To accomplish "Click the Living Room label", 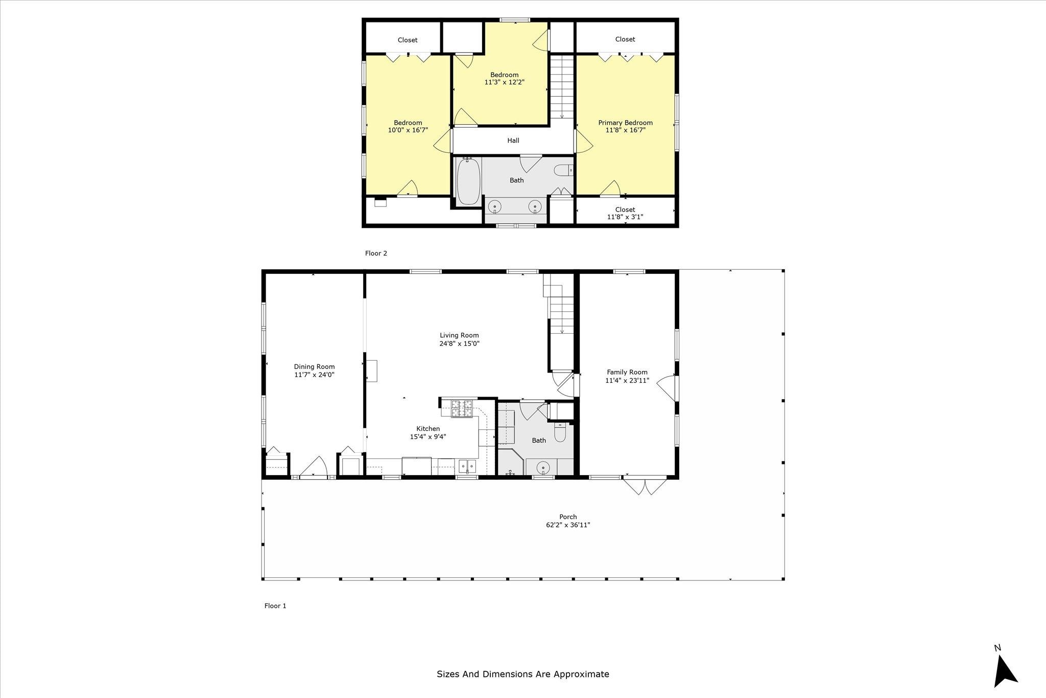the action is click(459, 336).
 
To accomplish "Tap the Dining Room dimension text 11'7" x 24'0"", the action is click(314, 375).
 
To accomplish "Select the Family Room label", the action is click(627, 373).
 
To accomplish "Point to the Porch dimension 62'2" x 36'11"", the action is click(568, 525).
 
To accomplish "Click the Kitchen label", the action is click(428, 429).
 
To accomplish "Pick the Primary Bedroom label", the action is click(625, 123).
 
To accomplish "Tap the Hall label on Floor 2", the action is click(513, 141).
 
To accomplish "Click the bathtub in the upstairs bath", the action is click(468, 181).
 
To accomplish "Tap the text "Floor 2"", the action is click(376, 253).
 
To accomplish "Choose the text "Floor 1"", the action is click(275, 606).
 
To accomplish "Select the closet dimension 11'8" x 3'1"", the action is click(625, 217).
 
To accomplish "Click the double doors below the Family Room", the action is click(645, 485).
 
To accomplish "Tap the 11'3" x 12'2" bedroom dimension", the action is click(504, 82).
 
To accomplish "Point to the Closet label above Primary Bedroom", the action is click(625, 39).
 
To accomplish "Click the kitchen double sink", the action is click(467, 466).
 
